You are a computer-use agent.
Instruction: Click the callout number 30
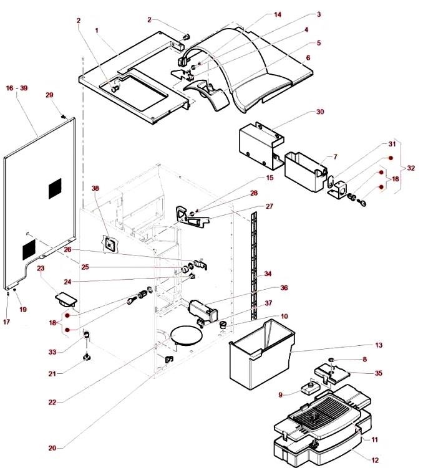320,112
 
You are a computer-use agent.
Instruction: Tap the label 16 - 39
16,88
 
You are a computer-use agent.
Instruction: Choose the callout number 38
95,188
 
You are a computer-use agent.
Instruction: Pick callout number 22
53,403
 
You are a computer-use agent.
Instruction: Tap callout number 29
50,95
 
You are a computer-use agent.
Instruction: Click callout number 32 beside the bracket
410,168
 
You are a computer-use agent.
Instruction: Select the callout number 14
278,14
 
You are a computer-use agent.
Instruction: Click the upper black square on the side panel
55,188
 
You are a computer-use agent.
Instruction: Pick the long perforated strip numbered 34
254,262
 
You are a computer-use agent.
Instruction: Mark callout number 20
52,448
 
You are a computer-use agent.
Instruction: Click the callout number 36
283,288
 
